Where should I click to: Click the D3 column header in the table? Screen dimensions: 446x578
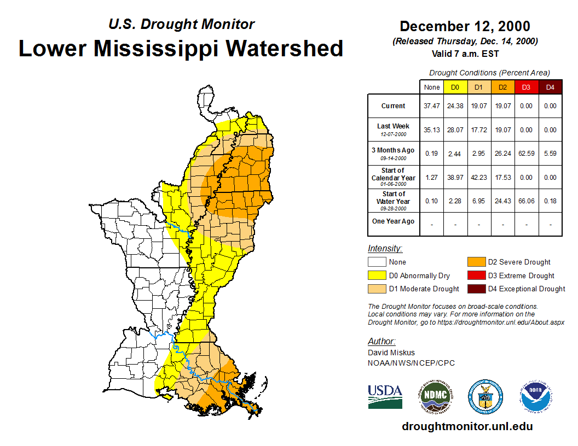526,87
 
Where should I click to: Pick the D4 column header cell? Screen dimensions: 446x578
550,87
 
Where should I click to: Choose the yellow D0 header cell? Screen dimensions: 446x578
455,87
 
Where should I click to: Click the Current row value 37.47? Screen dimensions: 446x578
432,106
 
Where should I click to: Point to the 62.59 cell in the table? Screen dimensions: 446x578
526,154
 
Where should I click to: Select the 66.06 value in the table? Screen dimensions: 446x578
526,201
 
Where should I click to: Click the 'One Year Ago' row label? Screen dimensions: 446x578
394,221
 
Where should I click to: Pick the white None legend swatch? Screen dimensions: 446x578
377,262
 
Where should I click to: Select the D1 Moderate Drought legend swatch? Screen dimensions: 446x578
377,289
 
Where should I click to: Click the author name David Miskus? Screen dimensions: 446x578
391,353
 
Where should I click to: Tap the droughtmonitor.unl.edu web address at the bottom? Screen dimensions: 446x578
467,427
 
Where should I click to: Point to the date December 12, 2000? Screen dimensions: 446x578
465,26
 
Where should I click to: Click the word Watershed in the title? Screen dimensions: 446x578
285,49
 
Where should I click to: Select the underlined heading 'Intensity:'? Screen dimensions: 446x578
385,248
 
